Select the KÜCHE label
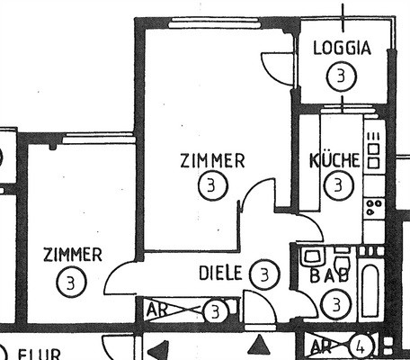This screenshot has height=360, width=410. (x=334, y=161)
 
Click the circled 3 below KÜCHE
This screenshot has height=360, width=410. (x=337, y=186)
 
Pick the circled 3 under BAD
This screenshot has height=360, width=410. (x=335, y=304)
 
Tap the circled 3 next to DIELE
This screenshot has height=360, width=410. (x=263, y=273)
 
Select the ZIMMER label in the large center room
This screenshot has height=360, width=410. (x=212, y=161)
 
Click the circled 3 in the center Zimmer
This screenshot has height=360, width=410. (x=213, y=186)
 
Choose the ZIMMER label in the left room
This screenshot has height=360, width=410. (x=72, y=256)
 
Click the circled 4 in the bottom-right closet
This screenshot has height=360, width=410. (x=361, y=345)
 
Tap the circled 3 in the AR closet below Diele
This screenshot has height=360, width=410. (x=215, y=312)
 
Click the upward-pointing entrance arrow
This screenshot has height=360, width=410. (x=261, y=344)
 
